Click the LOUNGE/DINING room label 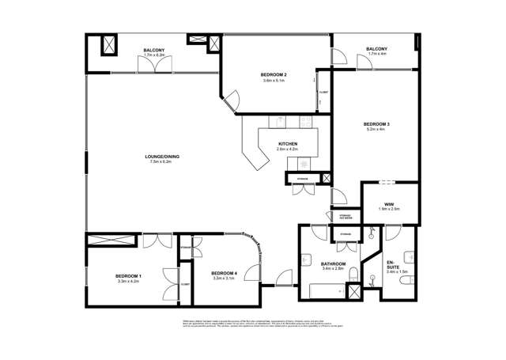pos(162,157)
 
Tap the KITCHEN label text pos(287,144)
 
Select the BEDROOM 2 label pos(274,75)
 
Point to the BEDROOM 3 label pos(376,124)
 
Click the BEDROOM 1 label pos(127,275)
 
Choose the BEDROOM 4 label pos(225,273)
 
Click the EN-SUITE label pos(392,264)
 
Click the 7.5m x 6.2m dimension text pos(162,162)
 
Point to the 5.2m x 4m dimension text pos(376,130)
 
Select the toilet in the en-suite pos(409,256)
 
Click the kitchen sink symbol pos(278,122)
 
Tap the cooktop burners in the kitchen pos(303,161)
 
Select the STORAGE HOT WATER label pos(345,216)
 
